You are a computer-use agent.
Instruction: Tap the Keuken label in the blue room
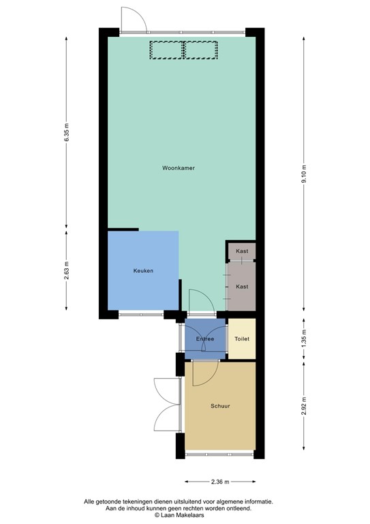[x=143, y=271]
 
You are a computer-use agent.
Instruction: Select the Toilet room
[x=242, y=339]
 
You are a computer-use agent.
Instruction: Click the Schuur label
[x=220, y=406]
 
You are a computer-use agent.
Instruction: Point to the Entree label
[x=205, y=339]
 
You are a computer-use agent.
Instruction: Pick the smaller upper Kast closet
[x=242, y=252]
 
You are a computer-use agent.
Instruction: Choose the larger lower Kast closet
[x=242, y=287]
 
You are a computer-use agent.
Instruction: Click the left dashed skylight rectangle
[x=166, y=50]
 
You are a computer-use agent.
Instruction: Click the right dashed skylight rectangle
[x=200, y=50]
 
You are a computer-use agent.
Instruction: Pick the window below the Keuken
[x=141, y=315]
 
